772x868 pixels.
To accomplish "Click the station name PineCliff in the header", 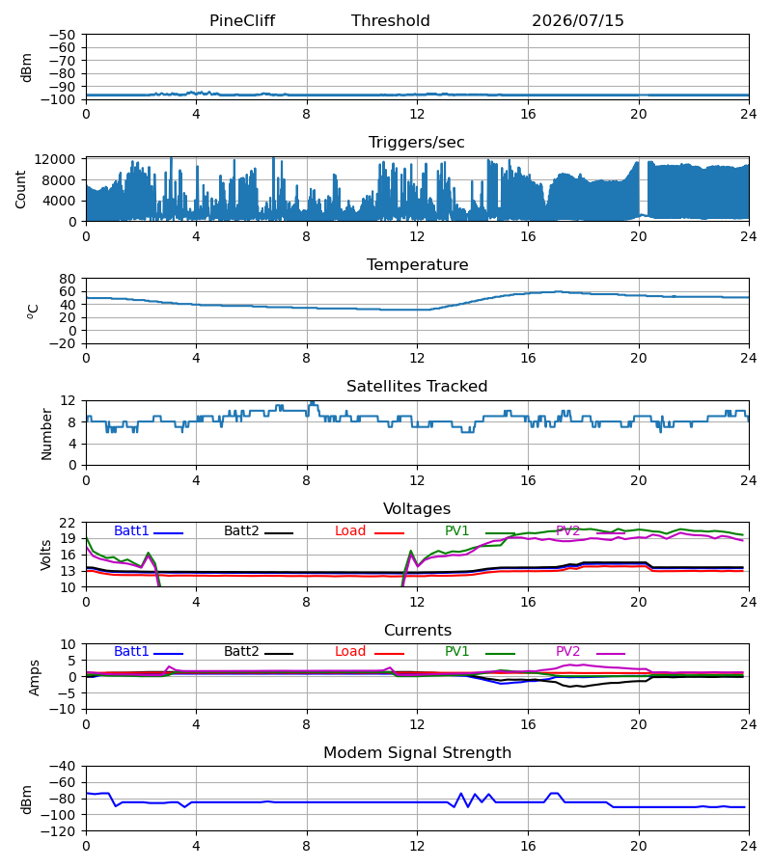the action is pos(242,21).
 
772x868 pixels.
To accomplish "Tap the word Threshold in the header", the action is pos(391,21).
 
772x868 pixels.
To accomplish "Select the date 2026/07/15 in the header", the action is pos(578,21).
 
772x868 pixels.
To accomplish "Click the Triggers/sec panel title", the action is pos(417,143).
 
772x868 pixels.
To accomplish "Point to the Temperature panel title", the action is pos(417,264).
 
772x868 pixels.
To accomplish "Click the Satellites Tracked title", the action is pos(417,387).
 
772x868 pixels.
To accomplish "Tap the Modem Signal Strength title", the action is pos(417,753).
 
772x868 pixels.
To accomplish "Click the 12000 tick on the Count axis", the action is pos(55,159).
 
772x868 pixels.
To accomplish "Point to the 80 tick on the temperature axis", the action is pos(68,279).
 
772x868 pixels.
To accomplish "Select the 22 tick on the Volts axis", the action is pos(68,523).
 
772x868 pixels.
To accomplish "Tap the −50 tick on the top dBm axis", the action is pos(62,35).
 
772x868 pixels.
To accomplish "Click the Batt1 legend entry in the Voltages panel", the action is pos(149,530).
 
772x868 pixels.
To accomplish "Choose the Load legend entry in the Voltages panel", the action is pos(370,530).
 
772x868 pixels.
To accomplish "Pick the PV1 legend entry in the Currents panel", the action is pos(481,652).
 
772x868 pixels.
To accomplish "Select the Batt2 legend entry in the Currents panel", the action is pos(259,652).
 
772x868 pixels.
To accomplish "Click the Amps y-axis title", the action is pos(35,677).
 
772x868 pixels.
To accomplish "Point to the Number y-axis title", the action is pos(46,434).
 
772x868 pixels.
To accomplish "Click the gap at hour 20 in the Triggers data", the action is pos(643,188).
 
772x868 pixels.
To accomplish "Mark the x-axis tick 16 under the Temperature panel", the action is pos(528,358).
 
